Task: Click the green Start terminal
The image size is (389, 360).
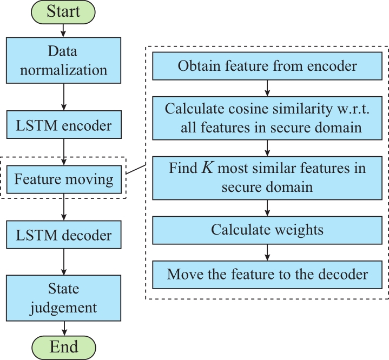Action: pyautogui.click(x=63, y=12)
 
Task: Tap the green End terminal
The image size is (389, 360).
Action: pyautogui.click(x=64, y=348)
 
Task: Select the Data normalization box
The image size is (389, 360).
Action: pyautogui.click(x=63, y=60)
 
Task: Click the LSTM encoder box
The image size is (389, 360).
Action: pyautogui.click(x=64, y=124)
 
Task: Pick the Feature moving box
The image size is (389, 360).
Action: pyautogui.click(x=64, y=179)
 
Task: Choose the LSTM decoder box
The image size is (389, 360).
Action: pyautogui.click(x=64, y=235)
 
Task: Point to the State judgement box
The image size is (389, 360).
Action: pyautogui.click(x=63, y=298)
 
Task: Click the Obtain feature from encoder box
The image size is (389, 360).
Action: pyautogui.click(x=267, y=66)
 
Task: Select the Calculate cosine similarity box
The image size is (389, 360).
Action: pyautogui.click(x=267, y=118)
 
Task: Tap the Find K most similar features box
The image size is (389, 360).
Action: pyautogui.click(x=267, y=178)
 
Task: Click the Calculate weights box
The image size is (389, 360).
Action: pyautogui.click(x=267, y=230)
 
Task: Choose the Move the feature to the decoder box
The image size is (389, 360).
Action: pyautogui.click(x=267, y=275)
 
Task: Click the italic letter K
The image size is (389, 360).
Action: pyautogui.click(x=207, y=168)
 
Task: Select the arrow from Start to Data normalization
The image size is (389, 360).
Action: pyautogui.click(x=63, y=30)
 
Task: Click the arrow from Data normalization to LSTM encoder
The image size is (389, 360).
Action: pyautogui.click(x=64, y=97)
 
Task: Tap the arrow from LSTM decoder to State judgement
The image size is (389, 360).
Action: pyautogui.click(x=64, y=262)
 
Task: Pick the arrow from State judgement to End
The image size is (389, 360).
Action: pyautogui.click(x=64, y=329)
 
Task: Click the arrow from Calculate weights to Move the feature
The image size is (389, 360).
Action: pyautogui.click(x=267, y=252)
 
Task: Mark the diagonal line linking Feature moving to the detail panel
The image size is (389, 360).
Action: pyautogui.click(x=136, y=169)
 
